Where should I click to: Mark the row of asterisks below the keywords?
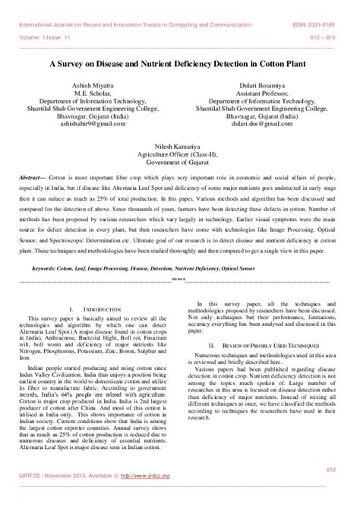(179, 258)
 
